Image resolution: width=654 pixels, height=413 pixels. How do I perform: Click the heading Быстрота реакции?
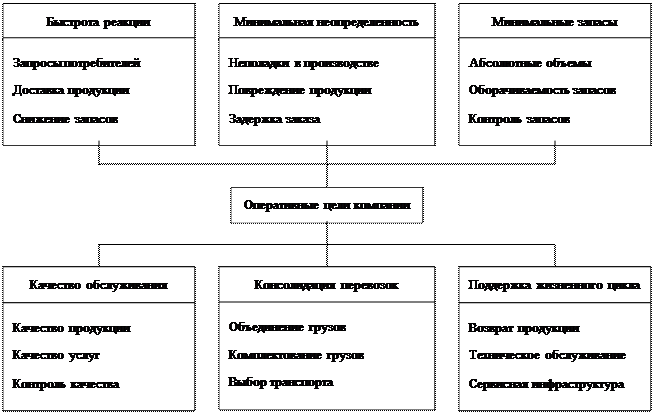(x=99, y=21)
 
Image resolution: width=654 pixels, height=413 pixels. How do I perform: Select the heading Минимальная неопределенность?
(x=325, y=21)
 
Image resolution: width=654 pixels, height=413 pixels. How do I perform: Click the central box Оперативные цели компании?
(x=327, y=205)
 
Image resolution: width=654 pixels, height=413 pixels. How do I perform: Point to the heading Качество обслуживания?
(x=99, y=284)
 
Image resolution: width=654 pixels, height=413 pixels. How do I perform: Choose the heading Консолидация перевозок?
(x=326, y=284)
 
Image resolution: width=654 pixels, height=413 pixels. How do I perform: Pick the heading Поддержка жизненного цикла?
(x=554, y=284)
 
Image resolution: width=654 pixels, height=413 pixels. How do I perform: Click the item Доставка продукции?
(x=71, y=91)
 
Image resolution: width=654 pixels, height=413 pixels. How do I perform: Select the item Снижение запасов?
(x=65, y=118)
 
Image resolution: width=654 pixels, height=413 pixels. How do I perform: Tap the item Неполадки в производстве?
(x=303, y=63)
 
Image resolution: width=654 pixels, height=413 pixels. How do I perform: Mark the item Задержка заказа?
(x=274, y=118)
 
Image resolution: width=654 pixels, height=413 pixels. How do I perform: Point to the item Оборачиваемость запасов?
(x=542, y=91)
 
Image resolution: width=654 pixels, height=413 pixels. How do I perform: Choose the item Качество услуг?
(x=56, y=355)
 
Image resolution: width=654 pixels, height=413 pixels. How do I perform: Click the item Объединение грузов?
(x=287, y=327)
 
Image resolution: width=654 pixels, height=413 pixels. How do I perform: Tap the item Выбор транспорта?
(x=281, y=381)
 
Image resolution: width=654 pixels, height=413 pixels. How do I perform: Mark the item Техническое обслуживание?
(x=547, y=355)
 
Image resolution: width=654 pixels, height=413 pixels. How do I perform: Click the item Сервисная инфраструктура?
(x=545, y=383)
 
